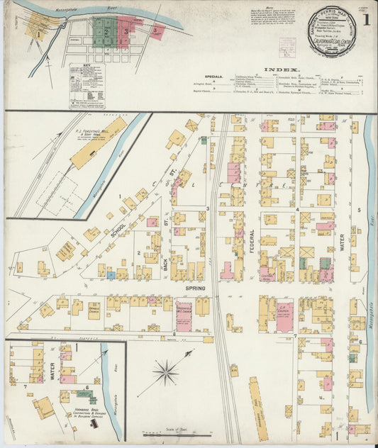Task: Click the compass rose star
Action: click(165, 371)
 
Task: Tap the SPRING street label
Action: click(195, 289)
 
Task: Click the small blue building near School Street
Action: click(111, 274)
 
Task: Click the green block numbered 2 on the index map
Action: click(106, 32)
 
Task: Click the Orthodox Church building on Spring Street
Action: click(94, 310)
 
